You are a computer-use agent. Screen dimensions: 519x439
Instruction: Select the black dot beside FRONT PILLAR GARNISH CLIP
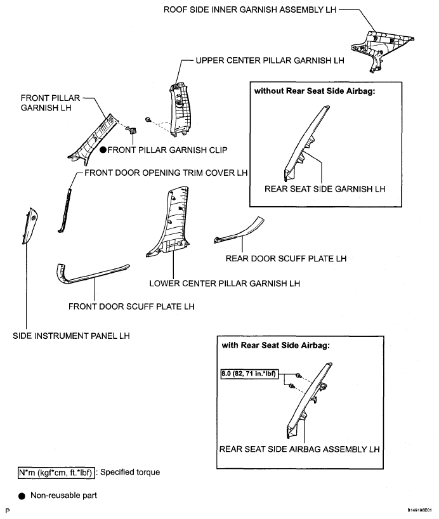(103, 150)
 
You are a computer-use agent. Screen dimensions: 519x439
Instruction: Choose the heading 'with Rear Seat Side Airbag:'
(269, 346)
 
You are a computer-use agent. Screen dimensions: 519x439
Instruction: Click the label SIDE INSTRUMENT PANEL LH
(71, 336)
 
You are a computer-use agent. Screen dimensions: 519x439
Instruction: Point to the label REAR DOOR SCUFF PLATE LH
(278, 258)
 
